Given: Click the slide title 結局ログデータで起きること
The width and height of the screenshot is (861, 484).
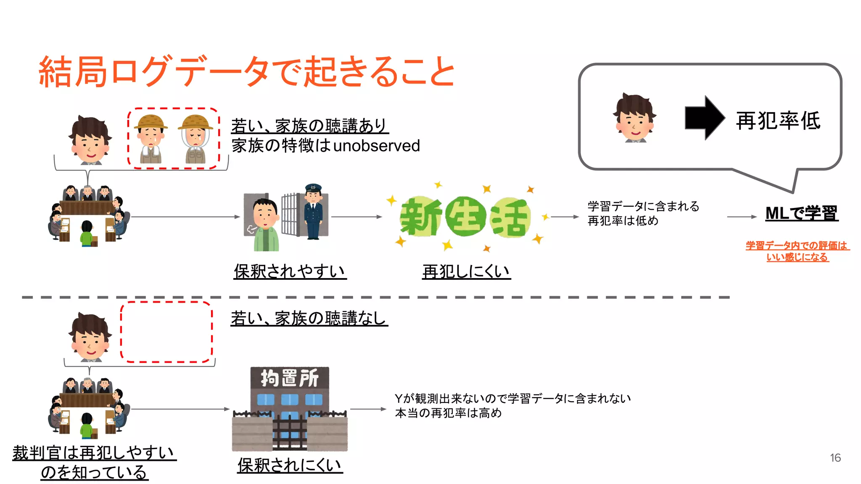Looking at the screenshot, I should (246, 71).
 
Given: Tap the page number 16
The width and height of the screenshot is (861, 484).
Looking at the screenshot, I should (835, 458).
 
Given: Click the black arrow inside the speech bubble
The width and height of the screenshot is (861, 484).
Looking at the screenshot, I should (704, 118).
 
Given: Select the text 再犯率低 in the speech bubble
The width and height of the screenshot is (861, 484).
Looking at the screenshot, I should (778, 121).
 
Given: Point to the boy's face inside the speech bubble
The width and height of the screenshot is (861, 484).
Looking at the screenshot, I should (634, 120).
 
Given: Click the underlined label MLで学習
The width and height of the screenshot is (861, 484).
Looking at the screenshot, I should (801, 213).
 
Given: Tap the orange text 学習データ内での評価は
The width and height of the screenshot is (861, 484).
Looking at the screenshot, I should (797, 245).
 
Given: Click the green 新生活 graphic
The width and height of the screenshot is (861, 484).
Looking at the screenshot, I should (465, 217).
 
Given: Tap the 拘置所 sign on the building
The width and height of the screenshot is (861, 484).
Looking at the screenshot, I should (290, 378).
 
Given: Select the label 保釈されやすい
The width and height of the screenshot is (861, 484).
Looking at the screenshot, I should (290, 271).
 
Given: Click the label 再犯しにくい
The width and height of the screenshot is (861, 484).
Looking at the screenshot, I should (466, 271).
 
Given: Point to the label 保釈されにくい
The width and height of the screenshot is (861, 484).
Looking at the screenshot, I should (290, 465).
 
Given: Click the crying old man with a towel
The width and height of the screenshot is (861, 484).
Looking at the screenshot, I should (151, 139).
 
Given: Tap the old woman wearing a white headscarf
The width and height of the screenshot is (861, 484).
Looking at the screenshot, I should (195, 139).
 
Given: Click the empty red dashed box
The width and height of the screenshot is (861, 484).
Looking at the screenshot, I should (166, 332).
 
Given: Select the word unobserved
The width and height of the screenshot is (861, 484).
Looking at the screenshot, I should (376, 146).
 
